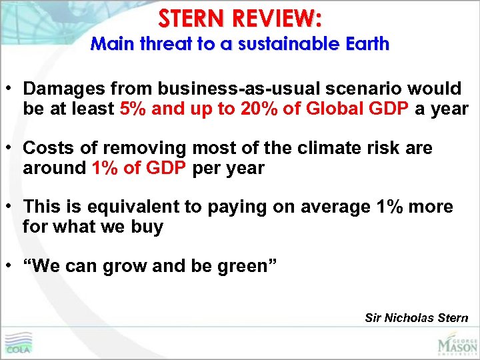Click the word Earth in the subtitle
365,45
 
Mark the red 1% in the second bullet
105,167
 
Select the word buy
148,227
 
